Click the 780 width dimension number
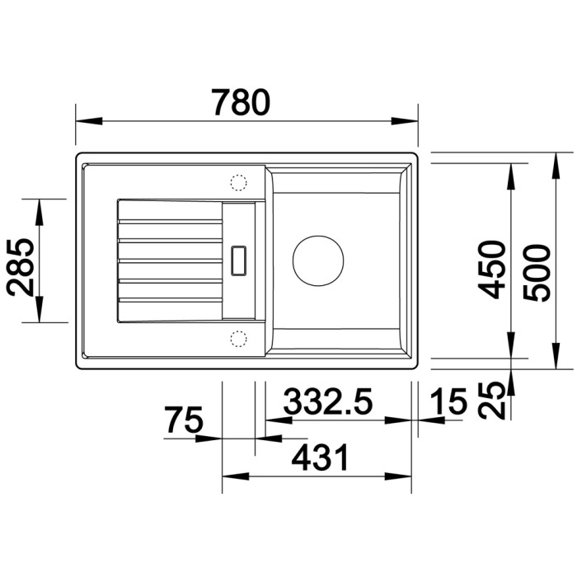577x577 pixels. (241, 102)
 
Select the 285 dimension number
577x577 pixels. (21, 268)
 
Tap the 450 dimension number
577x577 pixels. (491, 270)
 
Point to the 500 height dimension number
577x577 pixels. (537, 273)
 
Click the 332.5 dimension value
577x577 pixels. (328, 401)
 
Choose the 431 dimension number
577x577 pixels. (320, 457)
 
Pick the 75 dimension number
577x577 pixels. (184, 419)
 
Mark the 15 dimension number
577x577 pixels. (448, 401)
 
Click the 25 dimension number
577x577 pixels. (491, 400)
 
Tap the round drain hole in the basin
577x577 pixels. (318, 260)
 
